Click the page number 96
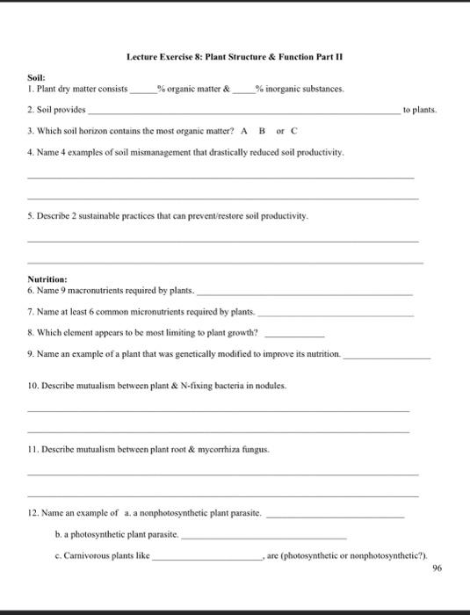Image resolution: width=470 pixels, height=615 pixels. click(x=437, y=568)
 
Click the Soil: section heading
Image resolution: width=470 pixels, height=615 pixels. click(x=39, y=78)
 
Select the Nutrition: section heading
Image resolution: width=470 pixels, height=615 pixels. click(x=49, y=279)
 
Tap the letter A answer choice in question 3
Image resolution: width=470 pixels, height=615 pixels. click(x=242, y=131)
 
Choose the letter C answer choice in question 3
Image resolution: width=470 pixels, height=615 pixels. click(x=294, y=131)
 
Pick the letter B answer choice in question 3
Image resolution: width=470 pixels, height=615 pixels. click(x=260, y=131)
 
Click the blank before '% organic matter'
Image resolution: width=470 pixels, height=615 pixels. click(x=141, y=90)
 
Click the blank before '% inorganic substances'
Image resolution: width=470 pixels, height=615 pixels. click(x=242, y=90)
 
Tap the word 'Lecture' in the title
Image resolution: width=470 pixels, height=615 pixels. click(x=142, y=57)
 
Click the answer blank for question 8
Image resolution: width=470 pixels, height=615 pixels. click(x=294, y=335)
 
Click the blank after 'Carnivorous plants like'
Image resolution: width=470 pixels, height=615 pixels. click(x=208, y=556)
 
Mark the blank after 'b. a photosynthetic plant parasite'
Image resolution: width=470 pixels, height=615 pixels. click(x=264, y=534)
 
